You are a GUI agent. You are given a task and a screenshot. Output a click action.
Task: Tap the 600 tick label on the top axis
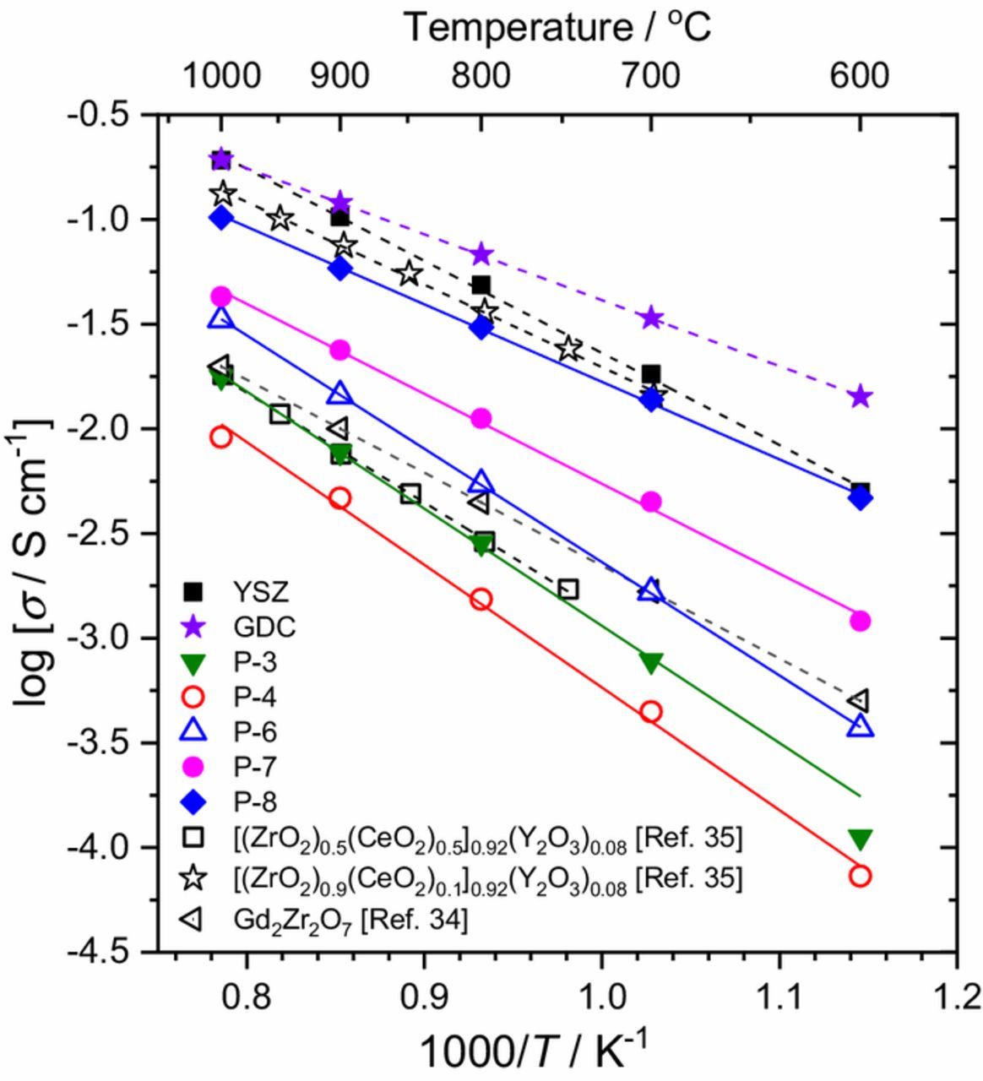[x=859, y=77]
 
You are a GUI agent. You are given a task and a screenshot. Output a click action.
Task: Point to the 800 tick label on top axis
[x=480, y=77]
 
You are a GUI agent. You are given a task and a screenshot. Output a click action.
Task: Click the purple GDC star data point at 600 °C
[x=860, y=396]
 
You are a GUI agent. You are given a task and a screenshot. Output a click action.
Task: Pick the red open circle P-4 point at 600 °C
[x=860, y=876]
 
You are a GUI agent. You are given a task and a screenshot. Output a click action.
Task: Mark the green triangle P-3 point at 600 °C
[x=860, y=839]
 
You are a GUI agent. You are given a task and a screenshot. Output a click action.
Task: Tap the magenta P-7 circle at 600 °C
[x=860, y=621]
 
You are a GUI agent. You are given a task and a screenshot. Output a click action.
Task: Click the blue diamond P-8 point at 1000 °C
[x=221, y=218]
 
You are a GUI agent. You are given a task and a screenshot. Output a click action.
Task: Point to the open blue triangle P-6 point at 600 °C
[x=860, y=725]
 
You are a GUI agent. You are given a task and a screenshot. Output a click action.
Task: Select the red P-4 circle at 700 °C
[x=650, y=711]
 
